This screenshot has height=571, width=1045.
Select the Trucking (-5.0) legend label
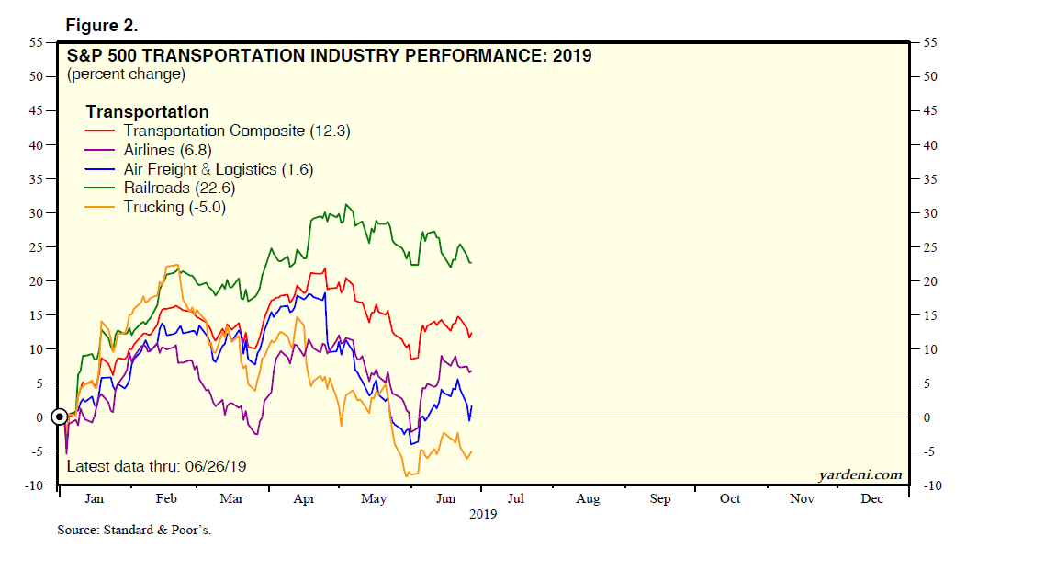pos(174,208)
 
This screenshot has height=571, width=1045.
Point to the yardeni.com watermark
pos(860,475)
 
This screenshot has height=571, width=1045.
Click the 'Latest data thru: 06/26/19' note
pos(156,466)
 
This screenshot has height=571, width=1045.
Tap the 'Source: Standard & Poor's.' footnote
pos(134,531)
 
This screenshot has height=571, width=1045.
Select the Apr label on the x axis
pos(304,498)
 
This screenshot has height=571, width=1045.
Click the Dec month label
pos(872,498)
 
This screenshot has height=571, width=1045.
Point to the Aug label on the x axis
pos(588,498)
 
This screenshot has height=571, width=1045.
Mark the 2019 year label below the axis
pos(483,514)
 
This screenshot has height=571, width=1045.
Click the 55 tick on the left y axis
pos(36,42)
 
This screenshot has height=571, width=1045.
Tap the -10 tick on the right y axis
pos(931,485)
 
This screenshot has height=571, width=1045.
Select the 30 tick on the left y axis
pos(36,213)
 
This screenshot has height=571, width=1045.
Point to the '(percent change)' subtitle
pos(126,74)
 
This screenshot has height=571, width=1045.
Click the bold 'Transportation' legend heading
pos(147,112)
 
